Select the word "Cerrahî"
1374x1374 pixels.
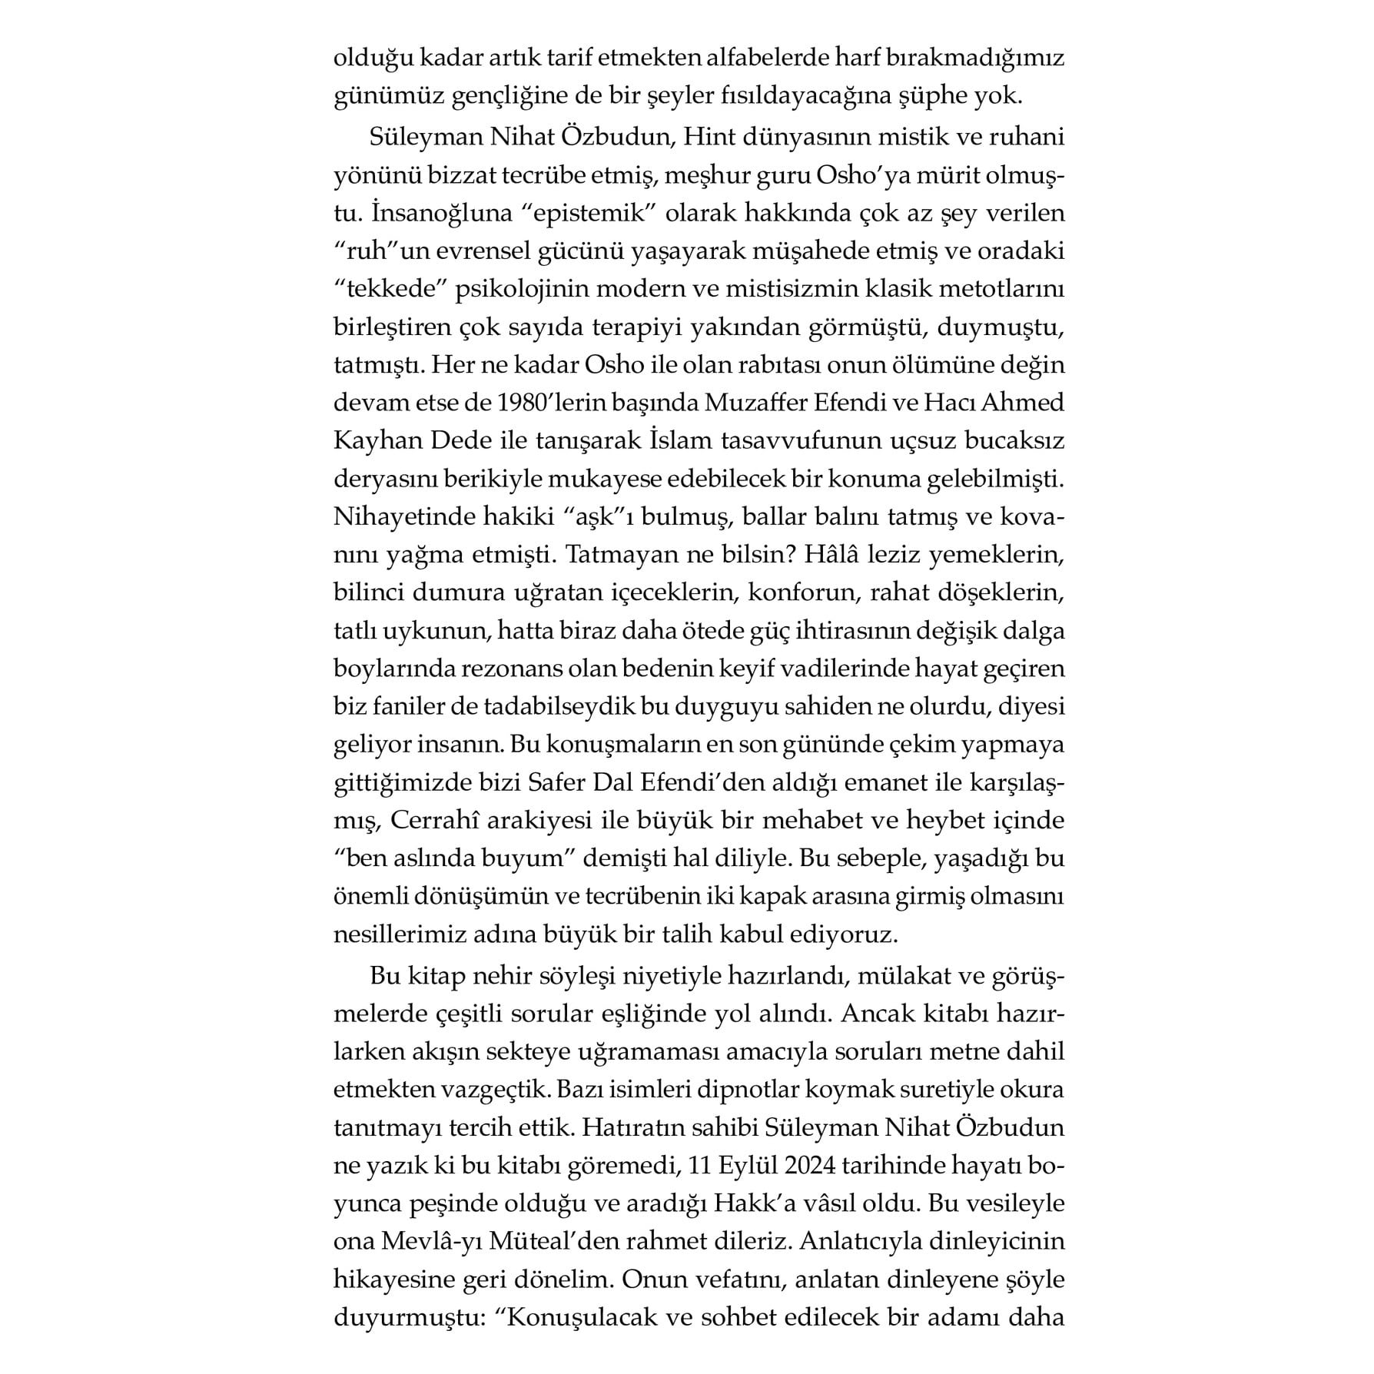click(430, 821)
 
